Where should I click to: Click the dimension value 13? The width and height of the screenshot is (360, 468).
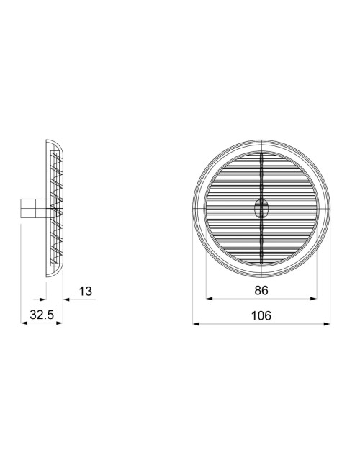[86, 291]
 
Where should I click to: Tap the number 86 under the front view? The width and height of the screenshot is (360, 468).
[261, 291]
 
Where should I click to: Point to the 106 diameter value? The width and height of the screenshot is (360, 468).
[261, 315]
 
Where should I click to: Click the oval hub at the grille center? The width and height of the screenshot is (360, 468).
[261, 209]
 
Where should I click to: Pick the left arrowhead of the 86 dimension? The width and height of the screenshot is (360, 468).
[210, 299]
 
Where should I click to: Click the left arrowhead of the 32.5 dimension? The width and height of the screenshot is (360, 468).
[24, 323]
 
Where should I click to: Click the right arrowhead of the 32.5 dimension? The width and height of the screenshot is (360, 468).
[60, 323]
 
